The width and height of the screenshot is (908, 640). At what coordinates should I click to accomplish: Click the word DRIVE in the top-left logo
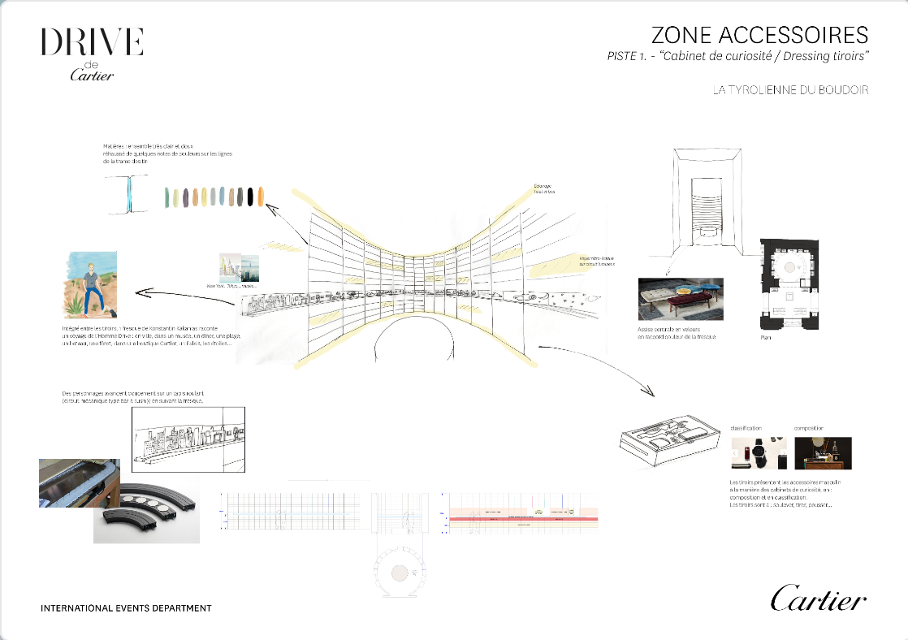pyautogui.click(x=92, y=41)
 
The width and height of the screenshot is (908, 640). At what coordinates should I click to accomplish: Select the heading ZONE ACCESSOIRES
pyautogui.click(x=759, y=35)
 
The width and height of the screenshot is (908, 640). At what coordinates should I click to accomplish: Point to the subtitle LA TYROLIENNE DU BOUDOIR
pyautogui.click(x=790, y=90)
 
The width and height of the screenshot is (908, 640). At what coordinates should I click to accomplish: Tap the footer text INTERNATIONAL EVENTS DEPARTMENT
pyautogui.click(x=126, y=608)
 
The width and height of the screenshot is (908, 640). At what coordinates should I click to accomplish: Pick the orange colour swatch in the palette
pyautogui.click(x=260, y=197)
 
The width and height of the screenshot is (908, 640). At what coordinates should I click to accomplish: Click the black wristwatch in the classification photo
pyautogui.click(x=758, y=453)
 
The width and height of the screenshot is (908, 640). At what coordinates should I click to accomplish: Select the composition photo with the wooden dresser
pyautogui.click(x=823, y=453)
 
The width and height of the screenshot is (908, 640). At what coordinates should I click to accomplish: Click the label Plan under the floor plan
pyautogui.click(x=767, y=337)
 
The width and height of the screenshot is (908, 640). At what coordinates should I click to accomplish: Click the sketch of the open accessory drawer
pyautogui.click(x=669, y=439)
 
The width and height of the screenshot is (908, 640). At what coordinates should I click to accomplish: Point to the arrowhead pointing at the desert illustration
pyautogui.click(x=140, y=291)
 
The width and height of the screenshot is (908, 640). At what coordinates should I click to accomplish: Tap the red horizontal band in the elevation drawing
pyautogui.click(x=520, y=517)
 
